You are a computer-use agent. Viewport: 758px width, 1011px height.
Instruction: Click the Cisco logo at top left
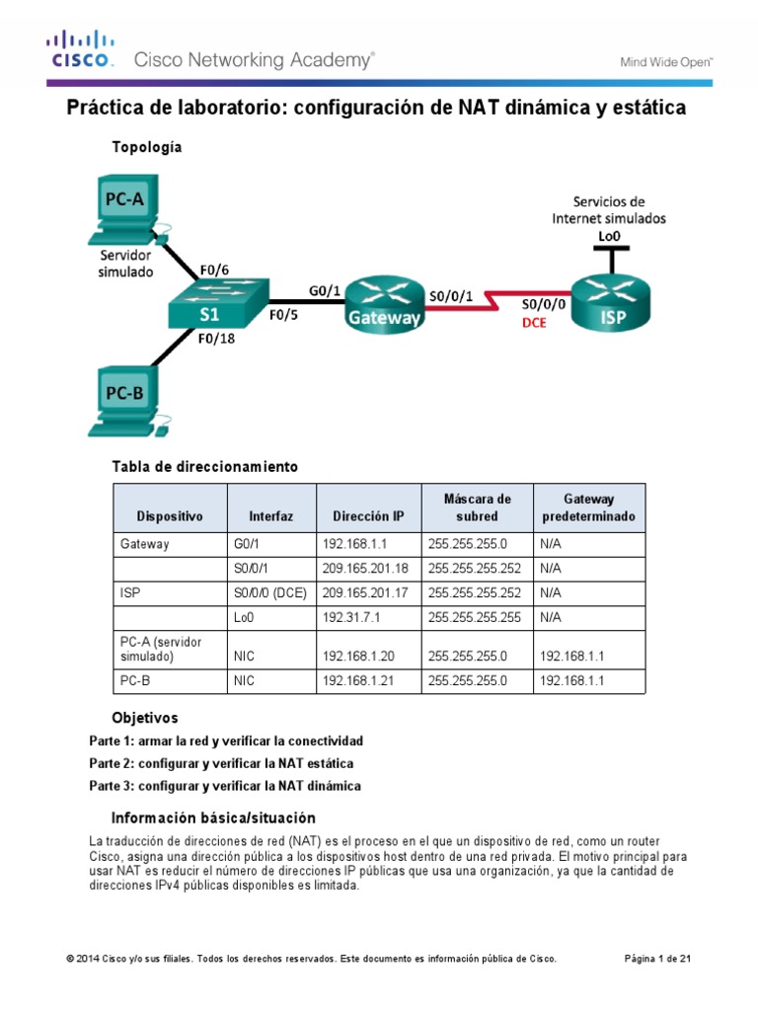(x=82, y=50)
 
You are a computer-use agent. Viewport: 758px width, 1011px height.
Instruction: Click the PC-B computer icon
(x=126, y=400)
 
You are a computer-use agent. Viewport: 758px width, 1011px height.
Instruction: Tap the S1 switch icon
(x=209, y=302)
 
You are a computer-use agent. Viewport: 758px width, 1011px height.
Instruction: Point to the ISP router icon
(x=613, y=302)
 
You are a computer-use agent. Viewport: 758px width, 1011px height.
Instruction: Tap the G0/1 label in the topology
(x=325, y=290)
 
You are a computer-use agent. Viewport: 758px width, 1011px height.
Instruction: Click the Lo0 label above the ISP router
(x=609, y=235)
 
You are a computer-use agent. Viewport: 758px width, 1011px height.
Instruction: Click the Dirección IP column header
(x=368, y=515)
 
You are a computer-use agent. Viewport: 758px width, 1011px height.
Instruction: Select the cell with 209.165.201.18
(x=366, y=569)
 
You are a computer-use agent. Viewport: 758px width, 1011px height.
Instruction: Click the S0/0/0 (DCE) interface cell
(x=269, y=593)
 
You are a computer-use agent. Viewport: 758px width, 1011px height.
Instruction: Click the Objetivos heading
(x=145, y=718)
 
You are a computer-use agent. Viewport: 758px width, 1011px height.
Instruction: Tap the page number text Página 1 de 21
(x=665, y=959)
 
